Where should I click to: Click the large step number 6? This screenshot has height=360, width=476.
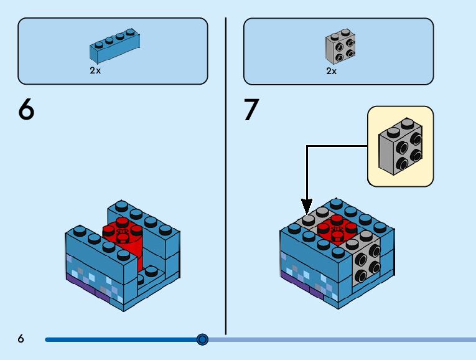[26, 110]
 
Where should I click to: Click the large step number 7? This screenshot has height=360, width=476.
[251, 110]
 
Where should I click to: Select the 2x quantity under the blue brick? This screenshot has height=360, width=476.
[95, 71]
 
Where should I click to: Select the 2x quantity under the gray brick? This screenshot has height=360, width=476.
[332, 71]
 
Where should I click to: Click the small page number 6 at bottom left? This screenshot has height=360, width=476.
[21, 339]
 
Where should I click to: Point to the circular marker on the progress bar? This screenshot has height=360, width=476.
[202, 339]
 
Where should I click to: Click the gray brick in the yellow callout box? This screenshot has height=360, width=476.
[401, 147]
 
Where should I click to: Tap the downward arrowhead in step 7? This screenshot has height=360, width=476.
[307, 206]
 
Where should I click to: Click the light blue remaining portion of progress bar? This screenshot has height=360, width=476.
[342, 339]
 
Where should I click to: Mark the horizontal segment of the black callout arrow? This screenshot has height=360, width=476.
[336, 146]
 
